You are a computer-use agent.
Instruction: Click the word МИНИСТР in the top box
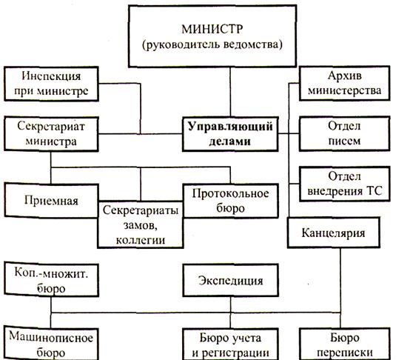[x=212, y=29]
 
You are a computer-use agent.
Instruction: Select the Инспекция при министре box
[x=51, y=84]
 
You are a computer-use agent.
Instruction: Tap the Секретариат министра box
[x=51, y=134]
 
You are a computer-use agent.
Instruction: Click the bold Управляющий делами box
[x=230, y=134]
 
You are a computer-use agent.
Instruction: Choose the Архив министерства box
[x=345, y=83]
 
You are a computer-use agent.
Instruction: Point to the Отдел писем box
[x=345, y=133]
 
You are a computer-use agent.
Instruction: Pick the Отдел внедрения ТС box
[x=345, y=184]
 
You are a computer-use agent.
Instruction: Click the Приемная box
[x=51, y=201]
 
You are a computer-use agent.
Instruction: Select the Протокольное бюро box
[x=231, y=201]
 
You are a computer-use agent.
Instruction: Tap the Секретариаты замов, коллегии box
[x=141, y=224]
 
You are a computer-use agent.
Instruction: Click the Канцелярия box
[x=334, y=233]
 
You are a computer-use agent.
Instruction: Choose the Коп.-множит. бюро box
[x=51, y=280]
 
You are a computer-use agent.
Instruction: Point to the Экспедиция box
[x=231, y=281]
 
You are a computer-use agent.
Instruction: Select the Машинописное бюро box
[x=51, y=344]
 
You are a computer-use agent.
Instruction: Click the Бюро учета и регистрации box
[x=231, y=344]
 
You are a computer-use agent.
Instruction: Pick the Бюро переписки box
[x=345, y=344]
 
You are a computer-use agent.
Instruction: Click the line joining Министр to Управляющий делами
[x=230, y=92]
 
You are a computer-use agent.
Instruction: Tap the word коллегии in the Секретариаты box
[x=141, y=240]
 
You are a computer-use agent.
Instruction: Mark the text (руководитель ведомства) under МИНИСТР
[x=212, y=44]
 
